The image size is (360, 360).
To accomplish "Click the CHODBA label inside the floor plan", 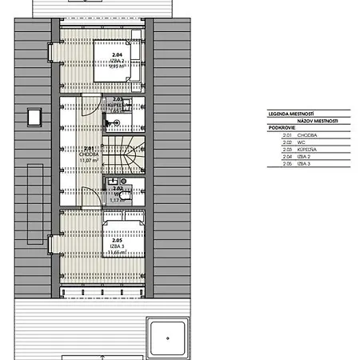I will click(90, 154).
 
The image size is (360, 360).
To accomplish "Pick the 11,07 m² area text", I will click(90, 159).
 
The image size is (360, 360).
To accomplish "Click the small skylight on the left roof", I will click(34, 118).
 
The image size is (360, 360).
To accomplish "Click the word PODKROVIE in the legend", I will click(281, 129).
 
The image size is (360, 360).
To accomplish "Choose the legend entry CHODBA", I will click(306, 136).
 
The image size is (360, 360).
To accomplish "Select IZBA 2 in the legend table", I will click(303, 156).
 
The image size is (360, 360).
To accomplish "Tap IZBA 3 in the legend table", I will click(303, 162).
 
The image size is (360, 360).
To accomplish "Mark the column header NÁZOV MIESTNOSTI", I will click(315, 122).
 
